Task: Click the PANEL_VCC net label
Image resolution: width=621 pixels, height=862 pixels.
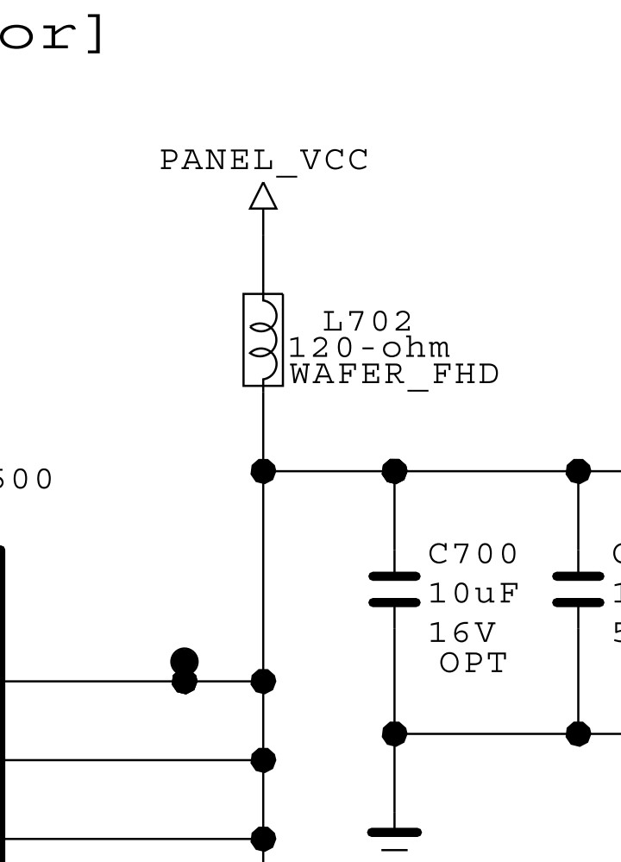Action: [264, 160]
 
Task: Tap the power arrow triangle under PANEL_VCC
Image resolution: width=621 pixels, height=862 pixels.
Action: [264, 196]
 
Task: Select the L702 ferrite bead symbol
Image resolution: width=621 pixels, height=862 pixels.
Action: [263, 339]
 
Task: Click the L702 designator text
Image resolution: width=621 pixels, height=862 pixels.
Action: [367, 321]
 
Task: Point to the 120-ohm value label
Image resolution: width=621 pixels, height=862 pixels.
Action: [369, 348]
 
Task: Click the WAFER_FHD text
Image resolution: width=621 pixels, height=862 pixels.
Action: [394, 374]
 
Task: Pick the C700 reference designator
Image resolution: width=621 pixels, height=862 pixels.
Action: [474, 553]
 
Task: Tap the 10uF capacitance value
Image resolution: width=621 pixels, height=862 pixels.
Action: [474, 594]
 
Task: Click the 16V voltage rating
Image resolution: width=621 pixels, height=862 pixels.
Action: [462, 633]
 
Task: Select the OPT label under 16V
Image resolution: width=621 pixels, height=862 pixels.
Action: [474, 663]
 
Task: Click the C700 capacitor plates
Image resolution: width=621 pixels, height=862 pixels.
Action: [394, 588]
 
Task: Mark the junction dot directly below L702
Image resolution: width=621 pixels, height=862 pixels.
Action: [263, 471]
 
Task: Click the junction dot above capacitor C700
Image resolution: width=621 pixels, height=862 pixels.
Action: [394, 471]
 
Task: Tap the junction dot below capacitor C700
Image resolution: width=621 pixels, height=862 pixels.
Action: [394, 733]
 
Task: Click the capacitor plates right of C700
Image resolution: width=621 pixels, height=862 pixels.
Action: [578, 588]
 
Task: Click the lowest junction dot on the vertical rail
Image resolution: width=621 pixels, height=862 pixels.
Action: [263, 838]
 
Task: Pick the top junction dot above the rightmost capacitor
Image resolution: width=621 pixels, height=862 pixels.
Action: [578, 471]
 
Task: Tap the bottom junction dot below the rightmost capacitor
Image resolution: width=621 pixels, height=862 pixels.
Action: [578, 733]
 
